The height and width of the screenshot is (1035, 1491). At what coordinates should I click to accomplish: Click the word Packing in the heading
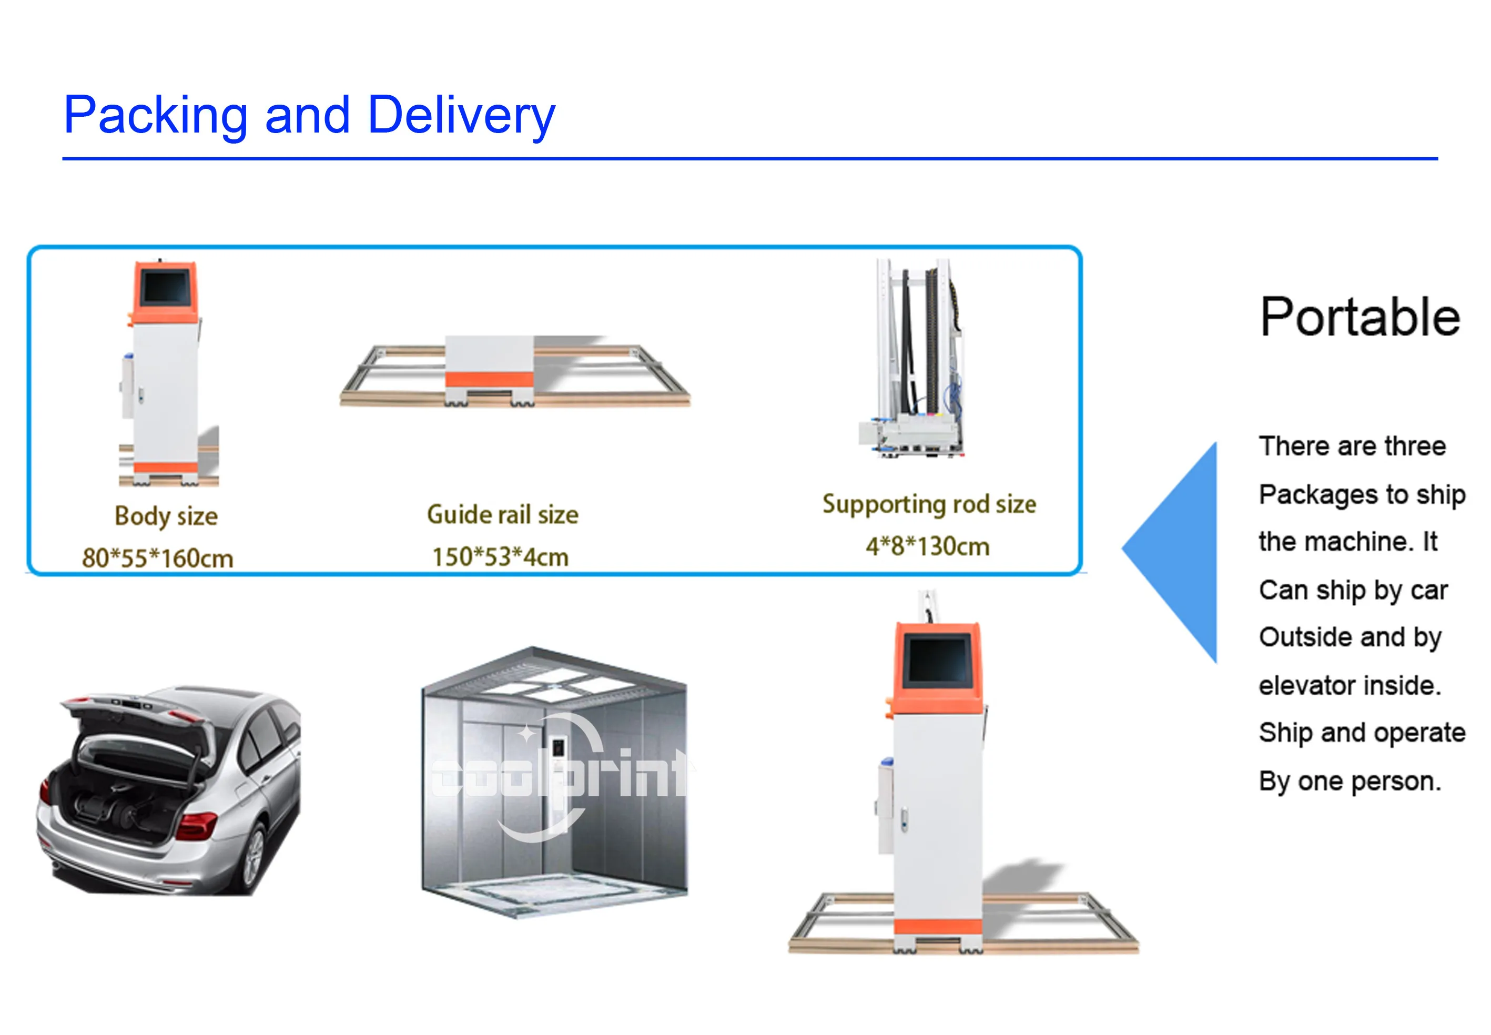[156, 115]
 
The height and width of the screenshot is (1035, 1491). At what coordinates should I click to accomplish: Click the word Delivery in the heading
[461, 115]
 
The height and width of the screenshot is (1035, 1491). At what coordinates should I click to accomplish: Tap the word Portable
[1360, 317]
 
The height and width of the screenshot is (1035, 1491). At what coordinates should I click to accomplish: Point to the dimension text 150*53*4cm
[500, 557]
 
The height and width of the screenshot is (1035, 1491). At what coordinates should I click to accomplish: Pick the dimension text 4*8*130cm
[927, 546]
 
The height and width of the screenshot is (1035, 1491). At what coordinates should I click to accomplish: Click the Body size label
[166, 516]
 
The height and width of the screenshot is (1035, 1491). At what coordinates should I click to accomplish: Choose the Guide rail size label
[503, 515]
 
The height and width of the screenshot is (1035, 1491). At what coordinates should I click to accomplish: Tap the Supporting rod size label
[929, 504]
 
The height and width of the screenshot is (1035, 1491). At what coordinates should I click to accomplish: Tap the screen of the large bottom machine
[938, 661]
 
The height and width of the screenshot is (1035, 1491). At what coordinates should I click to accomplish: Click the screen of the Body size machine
[165, 287]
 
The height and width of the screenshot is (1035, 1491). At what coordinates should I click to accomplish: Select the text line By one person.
[1350, 782]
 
